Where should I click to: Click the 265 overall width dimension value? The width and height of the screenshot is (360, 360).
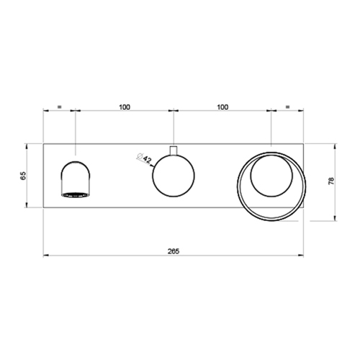point(173,251)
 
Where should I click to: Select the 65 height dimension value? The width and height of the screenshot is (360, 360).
point(23,175)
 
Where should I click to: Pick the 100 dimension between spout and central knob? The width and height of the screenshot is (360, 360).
point(124,107)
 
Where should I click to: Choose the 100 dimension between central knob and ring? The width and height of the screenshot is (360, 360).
point(221,107)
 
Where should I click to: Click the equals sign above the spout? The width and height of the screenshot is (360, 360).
point(60,107)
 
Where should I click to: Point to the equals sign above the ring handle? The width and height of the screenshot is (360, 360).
point(287,107)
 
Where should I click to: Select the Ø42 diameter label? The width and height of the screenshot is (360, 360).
point(143,158)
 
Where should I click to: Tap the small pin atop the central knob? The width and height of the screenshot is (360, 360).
point(173,150)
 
